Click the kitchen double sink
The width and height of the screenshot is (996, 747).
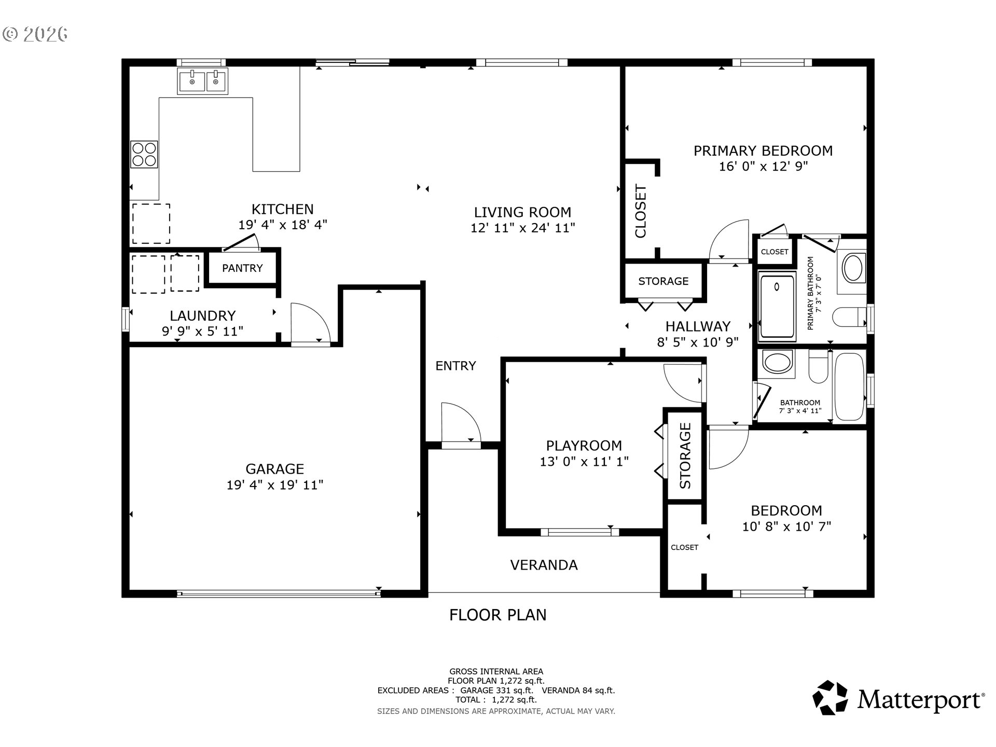pyautogui.click(x=202, y=81)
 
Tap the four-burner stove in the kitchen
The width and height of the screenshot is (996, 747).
pyautogui.click(x=144, y=154)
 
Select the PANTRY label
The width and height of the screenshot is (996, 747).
pyautogui.click(x=242, y=268)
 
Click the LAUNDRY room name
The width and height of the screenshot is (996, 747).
pyautogui.click(x=202, y=315)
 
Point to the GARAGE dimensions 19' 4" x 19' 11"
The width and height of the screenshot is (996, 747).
pyautogui.click(x=275, y=485)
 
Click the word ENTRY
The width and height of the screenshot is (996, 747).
pyautogui.click(x=455, y=366)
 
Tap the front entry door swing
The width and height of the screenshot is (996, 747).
pyautogui.click(x=461, y=423)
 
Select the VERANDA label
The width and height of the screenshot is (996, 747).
pyautogui.click(x=544, y=565)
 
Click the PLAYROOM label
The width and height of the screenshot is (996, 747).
pyautogui.click(x=584, y=446)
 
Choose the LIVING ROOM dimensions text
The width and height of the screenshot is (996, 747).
pyautogui.click(x=522, y=228)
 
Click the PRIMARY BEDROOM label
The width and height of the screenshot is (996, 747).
pyautogui.click(x=763, y=150)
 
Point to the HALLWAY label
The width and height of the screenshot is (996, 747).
pyautogui.click(x=698, y=326)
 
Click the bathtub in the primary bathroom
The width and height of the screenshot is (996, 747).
pyautogui.click(x=777, y=307)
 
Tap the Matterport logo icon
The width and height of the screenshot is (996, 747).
pyautogui.click(x=830, y=697)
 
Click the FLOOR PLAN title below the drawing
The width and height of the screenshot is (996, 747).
pyautogui.click(x=497, y=615)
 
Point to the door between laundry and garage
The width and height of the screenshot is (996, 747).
pyautogui.click(x=310, y=323)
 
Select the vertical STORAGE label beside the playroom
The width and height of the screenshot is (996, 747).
pyautogui.click(x=685, y=455)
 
